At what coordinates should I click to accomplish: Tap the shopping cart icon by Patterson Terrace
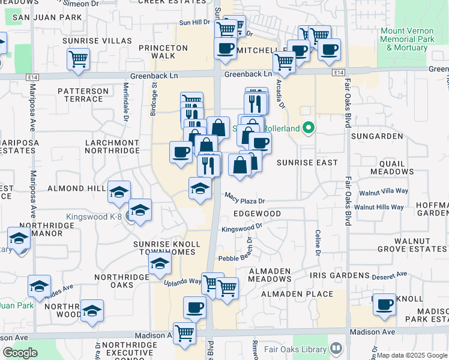(x=78, y=59)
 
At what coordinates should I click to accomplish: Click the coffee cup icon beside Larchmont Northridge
(x=181, y=152)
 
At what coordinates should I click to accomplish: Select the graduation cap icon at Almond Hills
(x=119, y=191)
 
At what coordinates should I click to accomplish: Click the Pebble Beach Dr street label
(x=237, y=258)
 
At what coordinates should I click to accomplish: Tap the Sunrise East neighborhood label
(x=307, y=163)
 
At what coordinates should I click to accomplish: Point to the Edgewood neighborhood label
(x=256, y=214)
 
